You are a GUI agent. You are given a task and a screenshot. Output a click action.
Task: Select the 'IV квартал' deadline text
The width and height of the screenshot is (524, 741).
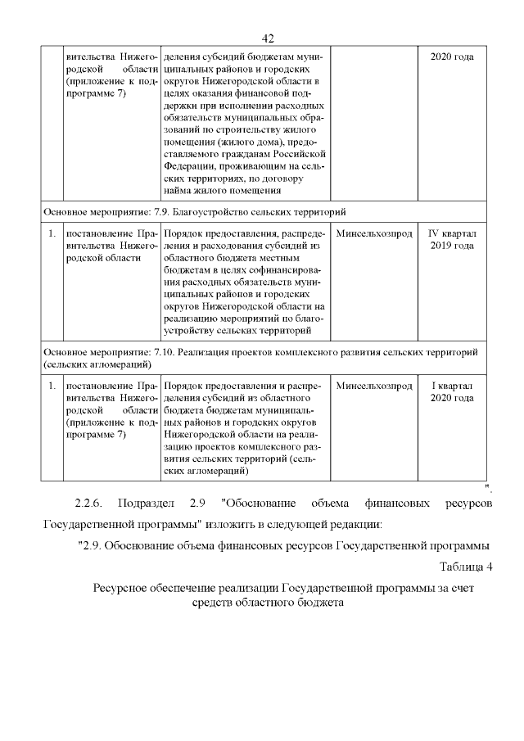click(x=451, y=233)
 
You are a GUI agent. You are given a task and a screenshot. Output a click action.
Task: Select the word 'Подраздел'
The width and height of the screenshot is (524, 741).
click(x=146, y=502)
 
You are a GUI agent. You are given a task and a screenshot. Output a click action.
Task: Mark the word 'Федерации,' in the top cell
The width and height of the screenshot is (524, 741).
click(x=190, y=165)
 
